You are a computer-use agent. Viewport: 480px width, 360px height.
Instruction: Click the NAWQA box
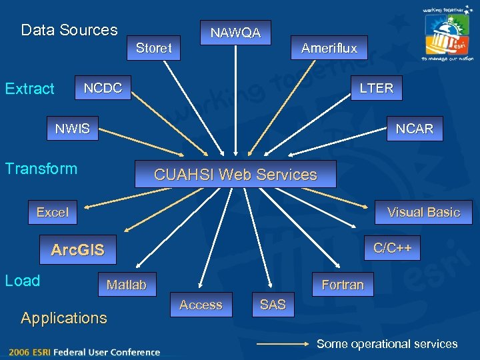click(235, 32)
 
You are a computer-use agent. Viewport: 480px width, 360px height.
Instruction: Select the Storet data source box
click(154, 48)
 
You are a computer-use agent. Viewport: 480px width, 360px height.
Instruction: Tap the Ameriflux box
click(329, 48)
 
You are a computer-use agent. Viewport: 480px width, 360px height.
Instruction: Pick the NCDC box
click(103, 88)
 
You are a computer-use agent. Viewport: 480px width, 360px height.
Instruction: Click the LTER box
click(377, 88)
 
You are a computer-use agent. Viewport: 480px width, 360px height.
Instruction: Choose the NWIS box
click(73, 129)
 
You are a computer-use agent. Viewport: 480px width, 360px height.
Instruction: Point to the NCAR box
click(414, 129)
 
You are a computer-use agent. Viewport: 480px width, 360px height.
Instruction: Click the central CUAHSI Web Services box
click(235, 175)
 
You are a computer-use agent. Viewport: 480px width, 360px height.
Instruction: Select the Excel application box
click(53, 212)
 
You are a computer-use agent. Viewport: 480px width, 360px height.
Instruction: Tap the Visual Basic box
click(423, 212)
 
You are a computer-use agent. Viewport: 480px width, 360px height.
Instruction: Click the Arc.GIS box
click(78, 250)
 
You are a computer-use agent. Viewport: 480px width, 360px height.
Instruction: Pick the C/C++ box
click(392, 248)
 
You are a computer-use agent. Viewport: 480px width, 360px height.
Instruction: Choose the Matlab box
click(127, 285)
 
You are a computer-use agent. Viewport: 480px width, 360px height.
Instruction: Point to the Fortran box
click(343, 285)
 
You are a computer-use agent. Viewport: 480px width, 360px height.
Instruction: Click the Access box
click(201, 305)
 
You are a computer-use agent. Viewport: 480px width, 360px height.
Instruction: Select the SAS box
click(273, 305)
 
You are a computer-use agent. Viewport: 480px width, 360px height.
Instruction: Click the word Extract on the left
click(30, 89)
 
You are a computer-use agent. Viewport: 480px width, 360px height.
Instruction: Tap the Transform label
click(41, 169)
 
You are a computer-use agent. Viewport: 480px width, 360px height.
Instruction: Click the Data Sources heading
click(69, 30)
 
